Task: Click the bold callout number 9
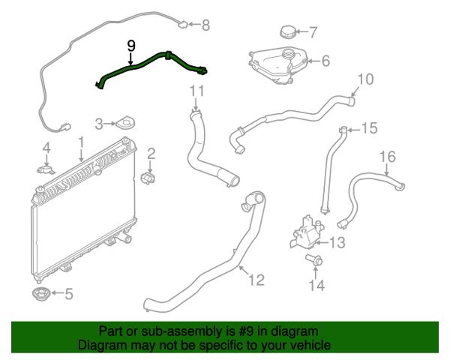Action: pos(130,46)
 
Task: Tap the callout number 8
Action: pos(205,25)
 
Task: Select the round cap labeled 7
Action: pos(287,31)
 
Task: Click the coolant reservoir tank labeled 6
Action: pos(277,66)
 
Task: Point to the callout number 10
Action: pos(366,79)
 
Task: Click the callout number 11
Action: pos(196,91)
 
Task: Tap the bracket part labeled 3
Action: pos(125,123)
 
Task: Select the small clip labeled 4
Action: pos(46,169)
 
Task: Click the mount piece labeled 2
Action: pos(148,178)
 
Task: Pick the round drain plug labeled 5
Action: pos(40,294)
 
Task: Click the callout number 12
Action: pos(256,280)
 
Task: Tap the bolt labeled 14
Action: pos(313,260)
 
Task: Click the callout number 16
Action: pos(388,157)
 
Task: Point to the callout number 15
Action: pos(369,128)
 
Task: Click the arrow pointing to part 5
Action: pos(57,293)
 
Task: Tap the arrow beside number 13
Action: pos(322,243)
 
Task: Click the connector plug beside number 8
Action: pos(183,25)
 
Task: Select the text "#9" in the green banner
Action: pos(246,331)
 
